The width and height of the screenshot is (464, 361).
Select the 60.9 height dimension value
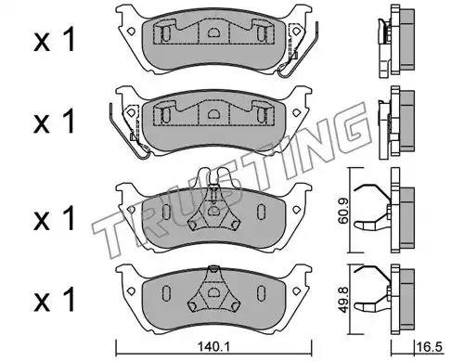coord(342,211)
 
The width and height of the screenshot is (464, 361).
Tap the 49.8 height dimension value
coord(342,300)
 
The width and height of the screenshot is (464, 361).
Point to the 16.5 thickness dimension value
coord(429,347)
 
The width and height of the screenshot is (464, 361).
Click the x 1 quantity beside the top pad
coord(55,40)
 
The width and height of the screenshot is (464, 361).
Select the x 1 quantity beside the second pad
coord(55,122)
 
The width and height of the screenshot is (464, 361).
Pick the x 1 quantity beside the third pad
coord(55,218)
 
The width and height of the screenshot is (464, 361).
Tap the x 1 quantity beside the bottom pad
coord(55,299)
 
